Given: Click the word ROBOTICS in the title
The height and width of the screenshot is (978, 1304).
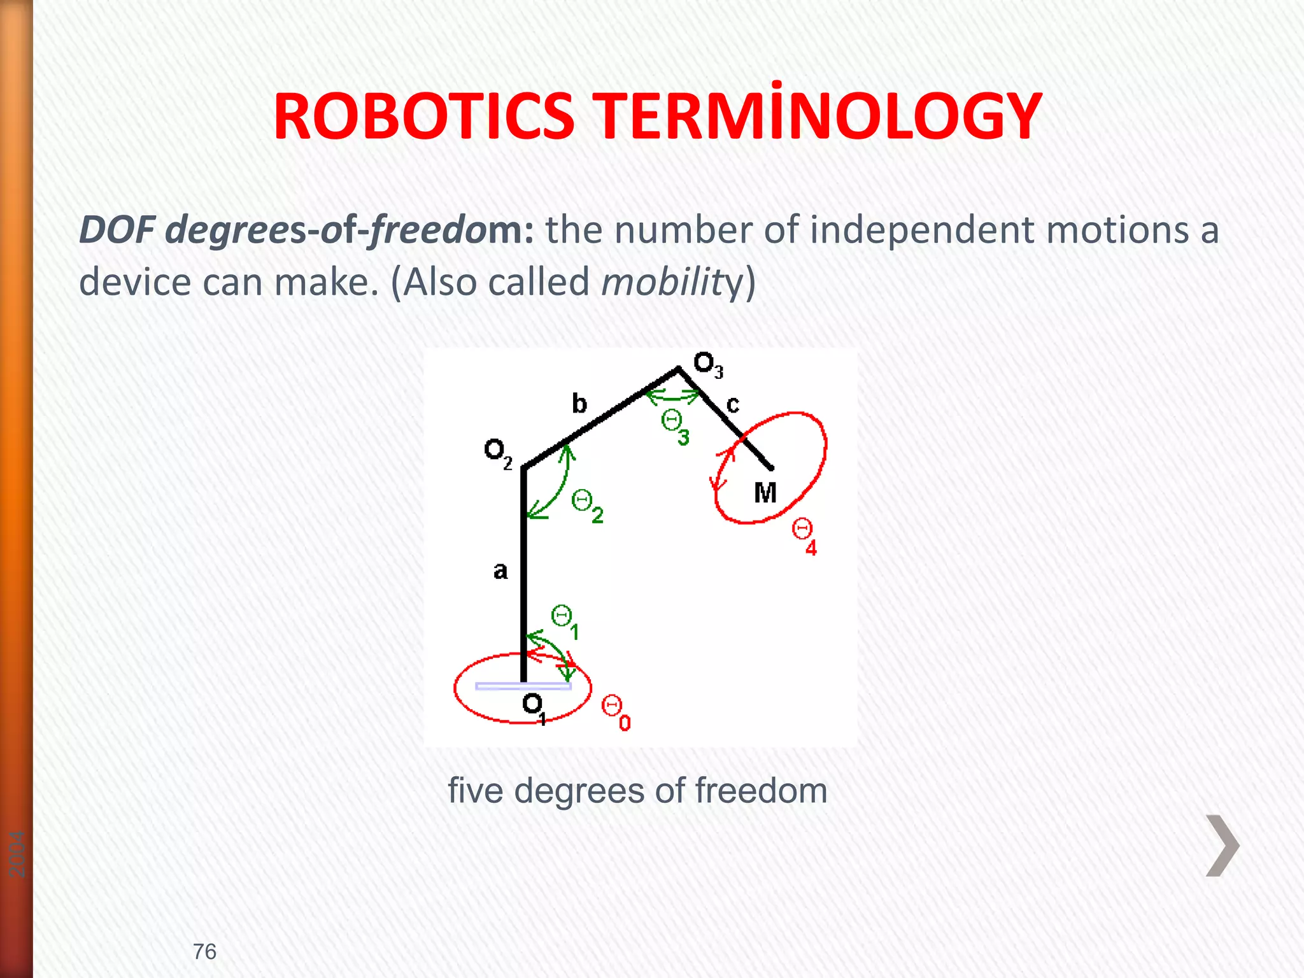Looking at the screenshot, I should [424, 117].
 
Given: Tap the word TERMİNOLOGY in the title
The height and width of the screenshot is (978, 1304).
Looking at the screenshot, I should [819, 117].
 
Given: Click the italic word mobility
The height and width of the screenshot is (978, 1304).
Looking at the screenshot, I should [672, 282].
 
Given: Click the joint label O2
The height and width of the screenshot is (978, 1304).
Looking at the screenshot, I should [498, 453].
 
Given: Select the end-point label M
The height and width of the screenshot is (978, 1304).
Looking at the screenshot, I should [765, 493].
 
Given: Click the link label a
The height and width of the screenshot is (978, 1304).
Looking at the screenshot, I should [500, 570].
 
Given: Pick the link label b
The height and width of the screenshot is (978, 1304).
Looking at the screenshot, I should [579, 404].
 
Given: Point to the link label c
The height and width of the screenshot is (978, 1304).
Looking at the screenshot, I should [733, 404].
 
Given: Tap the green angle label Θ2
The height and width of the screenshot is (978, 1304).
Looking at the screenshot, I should [587, 506].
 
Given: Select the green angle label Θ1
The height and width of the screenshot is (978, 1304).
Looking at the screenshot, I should [565, 622].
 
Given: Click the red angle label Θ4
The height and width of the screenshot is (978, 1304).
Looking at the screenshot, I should [804, 536].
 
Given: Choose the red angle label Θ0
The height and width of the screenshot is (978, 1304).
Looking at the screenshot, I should [616, 712].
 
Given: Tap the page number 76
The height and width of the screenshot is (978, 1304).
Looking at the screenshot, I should [204, 952].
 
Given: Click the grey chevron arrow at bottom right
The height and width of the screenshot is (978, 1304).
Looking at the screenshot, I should [1222, 846].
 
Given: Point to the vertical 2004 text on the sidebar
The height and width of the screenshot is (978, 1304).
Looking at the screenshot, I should [17, 854].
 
